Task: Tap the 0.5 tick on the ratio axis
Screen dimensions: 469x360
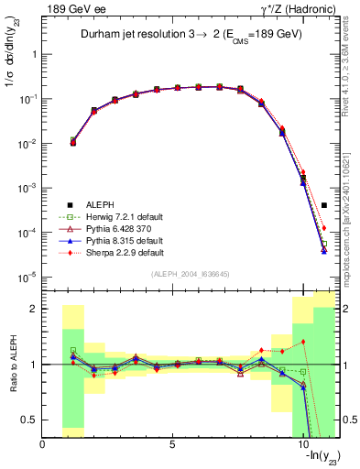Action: coord(31,420)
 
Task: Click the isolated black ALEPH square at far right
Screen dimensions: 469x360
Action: coord(324,205)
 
